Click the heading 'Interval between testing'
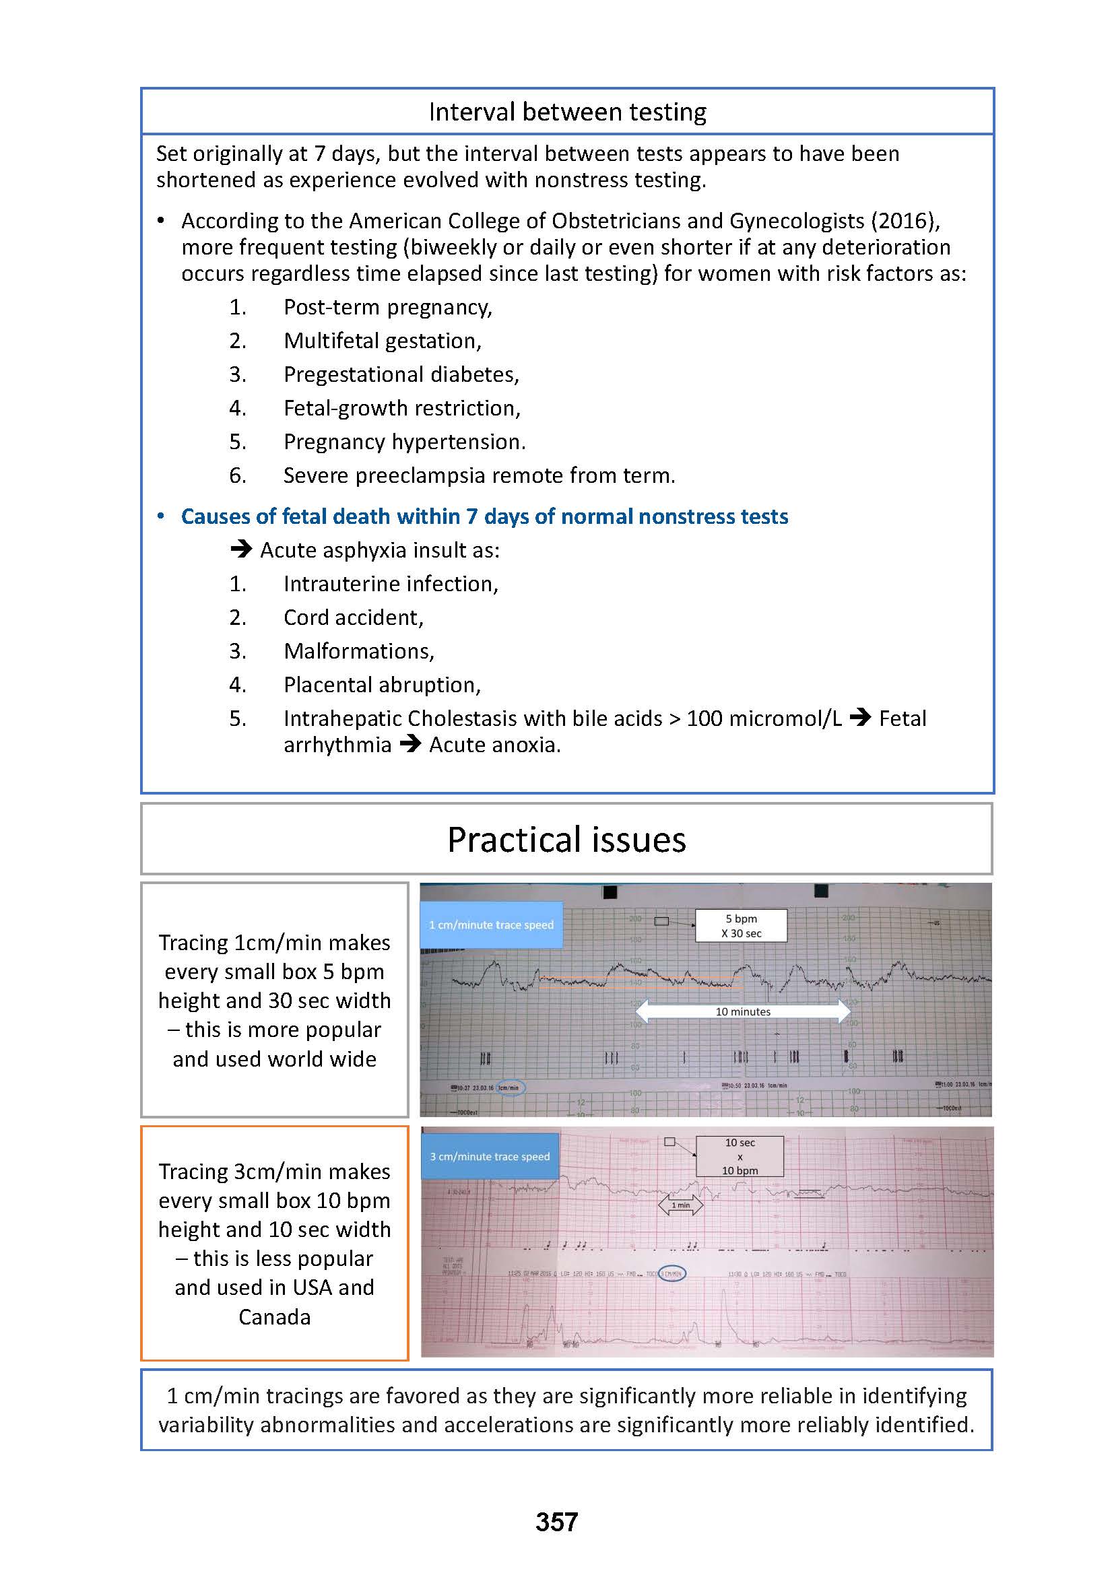pos(566,112)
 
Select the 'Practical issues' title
pos(566,840)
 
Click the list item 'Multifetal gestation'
pos(382,340)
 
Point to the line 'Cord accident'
pos(354,617)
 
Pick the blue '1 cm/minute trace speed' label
pos(491,925)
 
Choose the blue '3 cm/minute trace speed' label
pos(490,1157)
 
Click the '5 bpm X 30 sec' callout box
pos(741,925)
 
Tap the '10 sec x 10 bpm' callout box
pos(740,1157)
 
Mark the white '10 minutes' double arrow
pos(743,1011)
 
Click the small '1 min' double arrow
pos(680,1205)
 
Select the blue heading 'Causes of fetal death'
pos(484,516)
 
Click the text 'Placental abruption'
pos(382,685)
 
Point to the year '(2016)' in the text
pos(905,221)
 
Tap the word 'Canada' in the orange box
pos(274,1317)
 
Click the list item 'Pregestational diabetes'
pos(401,374)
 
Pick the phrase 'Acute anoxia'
pos(494,745)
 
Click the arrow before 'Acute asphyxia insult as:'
pos(240,550)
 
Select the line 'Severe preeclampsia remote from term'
pos(479,475)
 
